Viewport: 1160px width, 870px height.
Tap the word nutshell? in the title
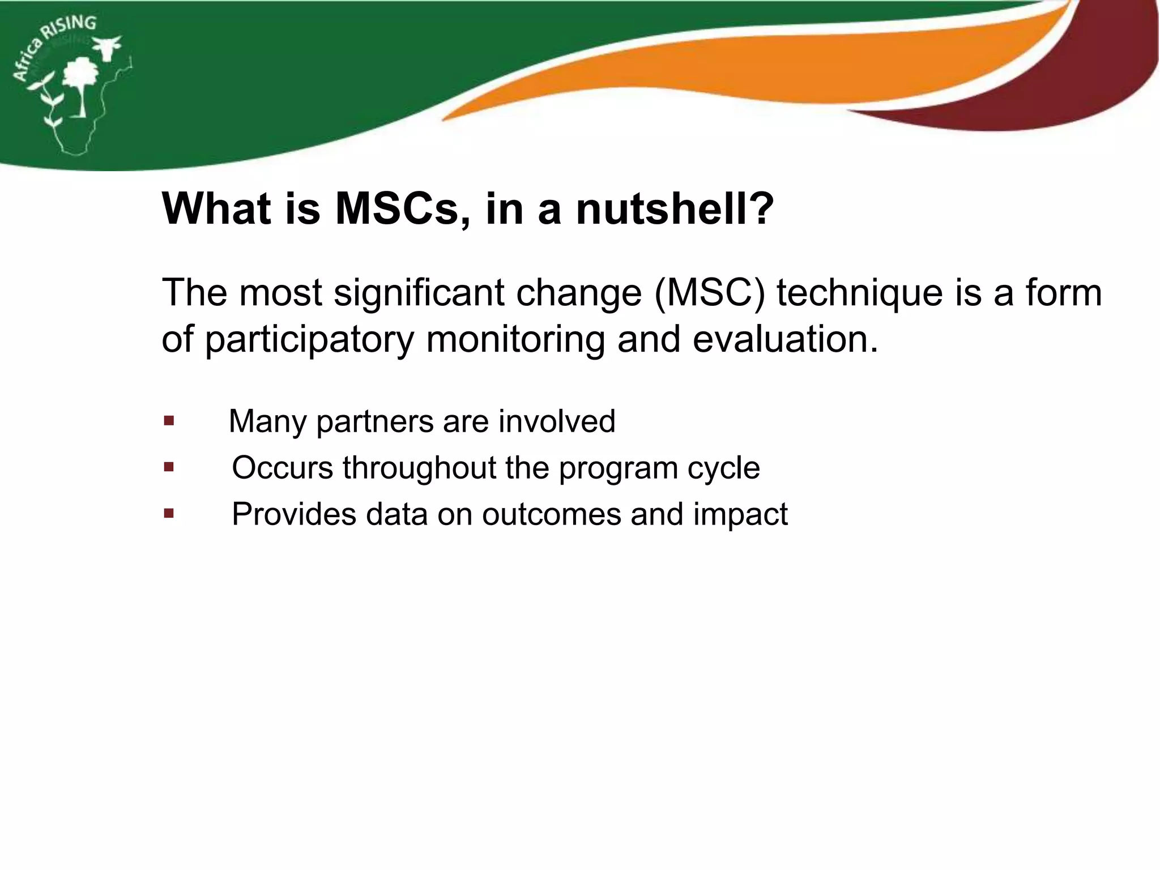point(674,210)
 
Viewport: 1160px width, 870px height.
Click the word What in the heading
point(216,210)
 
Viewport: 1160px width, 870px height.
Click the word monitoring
point(516,340)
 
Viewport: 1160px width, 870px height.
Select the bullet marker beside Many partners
point(169,421)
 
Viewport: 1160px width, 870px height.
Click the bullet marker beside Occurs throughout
point(169,467)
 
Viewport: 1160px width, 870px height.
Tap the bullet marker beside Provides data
point(169,514)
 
